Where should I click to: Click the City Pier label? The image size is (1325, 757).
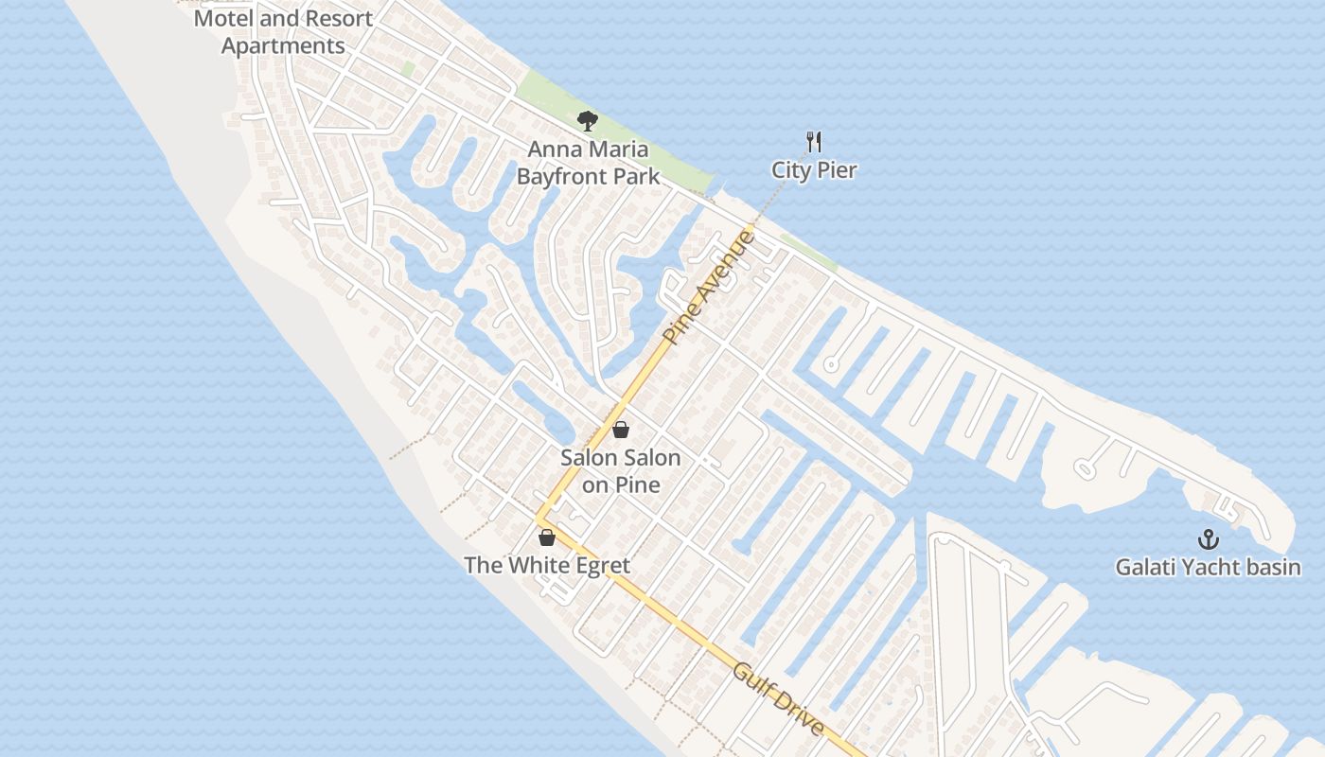(x=814, y=170)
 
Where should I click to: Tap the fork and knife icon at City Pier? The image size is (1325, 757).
(x=814, y=143)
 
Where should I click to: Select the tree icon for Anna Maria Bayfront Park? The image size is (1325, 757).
(x=588, y=121)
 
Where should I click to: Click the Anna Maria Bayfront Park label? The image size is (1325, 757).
(x=588, y=162)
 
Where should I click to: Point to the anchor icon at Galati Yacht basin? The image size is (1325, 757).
(x=1208, y=539)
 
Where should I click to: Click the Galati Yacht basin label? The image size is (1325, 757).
(x=1208, y=568)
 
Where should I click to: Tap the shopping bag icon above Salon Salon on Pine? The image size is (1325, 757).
(x=621, y=430)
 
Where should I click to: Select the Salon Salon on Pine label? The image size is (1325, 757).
(x=621, y=471)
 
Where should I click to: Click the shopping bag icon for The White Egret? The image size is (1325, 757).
(x=546, y=537)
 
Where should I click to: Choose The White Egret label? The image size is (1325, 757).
(x=546, y=566)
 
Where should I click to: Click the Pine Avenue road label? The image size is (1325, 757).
(x=710, y=287)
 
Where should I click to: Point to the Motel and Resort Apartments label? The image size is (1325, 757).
(x=283, y=31)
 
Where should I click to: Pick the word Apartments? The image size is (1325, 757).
(x=283, y=45)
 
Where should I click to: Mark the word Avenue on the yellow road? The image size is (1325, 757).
(x=728, y=264)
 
